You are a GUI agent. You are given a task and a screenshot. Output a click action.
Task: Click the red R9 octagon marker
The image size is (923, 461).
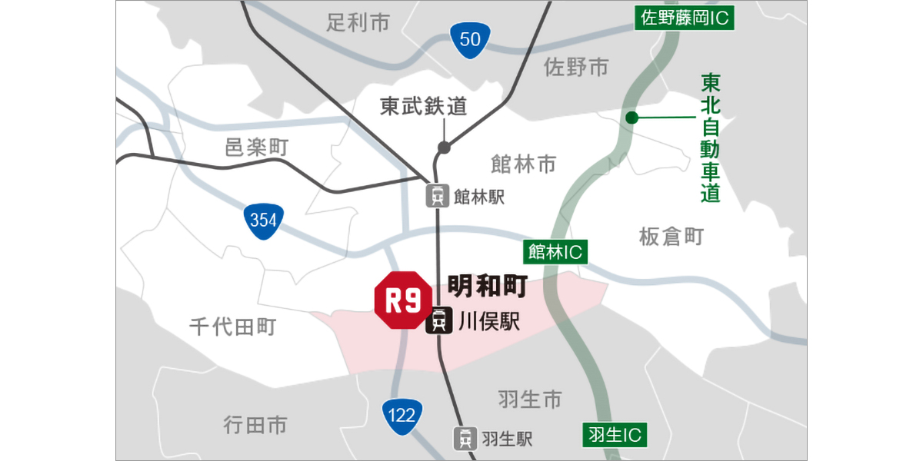coord(404,300)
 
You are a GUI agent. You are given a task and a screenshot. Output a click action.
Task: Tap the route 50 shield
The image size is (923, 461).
coord(470,39)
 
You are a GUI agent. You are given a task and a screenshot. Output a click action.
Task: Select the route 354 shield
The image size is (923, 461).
coord(263,221)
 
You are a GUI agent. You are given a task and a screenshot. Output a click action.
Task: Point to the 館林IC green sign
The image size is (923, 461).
coord(555,251)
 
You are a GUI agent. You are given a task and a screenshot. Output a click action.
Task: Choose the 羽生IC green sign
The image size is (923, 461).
coord(614,436)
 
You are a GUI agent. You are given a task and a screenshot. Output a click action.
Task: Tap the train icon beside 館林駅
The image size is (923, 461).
coord(438,196)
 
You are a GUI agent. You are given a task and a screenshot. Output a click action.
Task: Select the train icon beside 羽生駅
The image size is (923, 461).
coord(465,438)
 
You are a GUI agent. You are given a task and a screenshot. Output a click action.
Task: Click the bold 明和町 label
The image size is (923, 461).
coord(487,287)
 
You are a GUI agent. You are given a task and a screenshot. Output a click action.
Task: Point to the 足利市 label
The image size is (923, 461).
coord(358,22)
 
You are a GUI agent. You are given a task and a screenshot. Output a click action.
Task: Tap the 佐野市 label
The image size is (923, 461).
coord(576,68)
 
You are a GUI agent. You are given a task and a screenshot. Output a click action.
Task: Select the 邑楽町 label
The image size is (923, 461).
coord(256,148)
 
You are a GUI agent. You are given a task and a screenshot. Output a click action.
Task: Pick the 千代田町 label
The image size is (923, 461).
coord(232,328)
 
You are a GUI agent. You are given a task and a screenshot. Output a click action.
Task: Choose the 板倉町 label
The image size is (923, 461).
coord(671,237)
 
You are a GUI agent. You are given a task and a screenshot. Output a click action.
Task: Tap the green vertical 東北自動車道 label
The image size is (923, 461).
coord(711,138)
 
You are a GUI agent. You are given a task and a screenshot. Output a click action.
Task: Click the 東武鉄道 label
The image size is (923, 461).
coord(424,107)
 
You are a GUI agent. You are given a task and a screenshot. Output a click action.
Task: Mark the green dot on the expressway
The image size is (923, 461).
coord(631,118)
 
